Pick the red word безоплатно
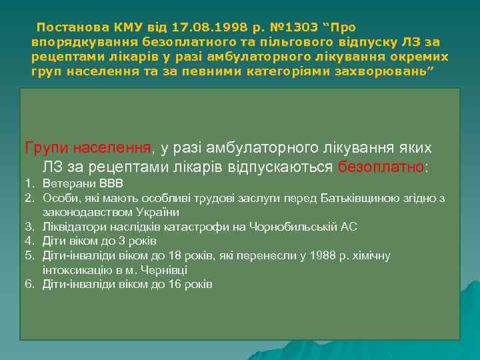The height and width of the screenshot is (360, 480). click(381, 167)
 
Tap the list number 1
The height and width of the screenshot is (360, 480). click(29, 183)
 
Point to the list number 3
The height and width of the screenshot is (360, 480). click(29, 227)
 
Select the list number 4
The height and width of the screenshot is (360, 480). click(29, 241)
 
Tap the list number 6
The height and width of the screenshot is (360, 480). click(29, 285)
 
